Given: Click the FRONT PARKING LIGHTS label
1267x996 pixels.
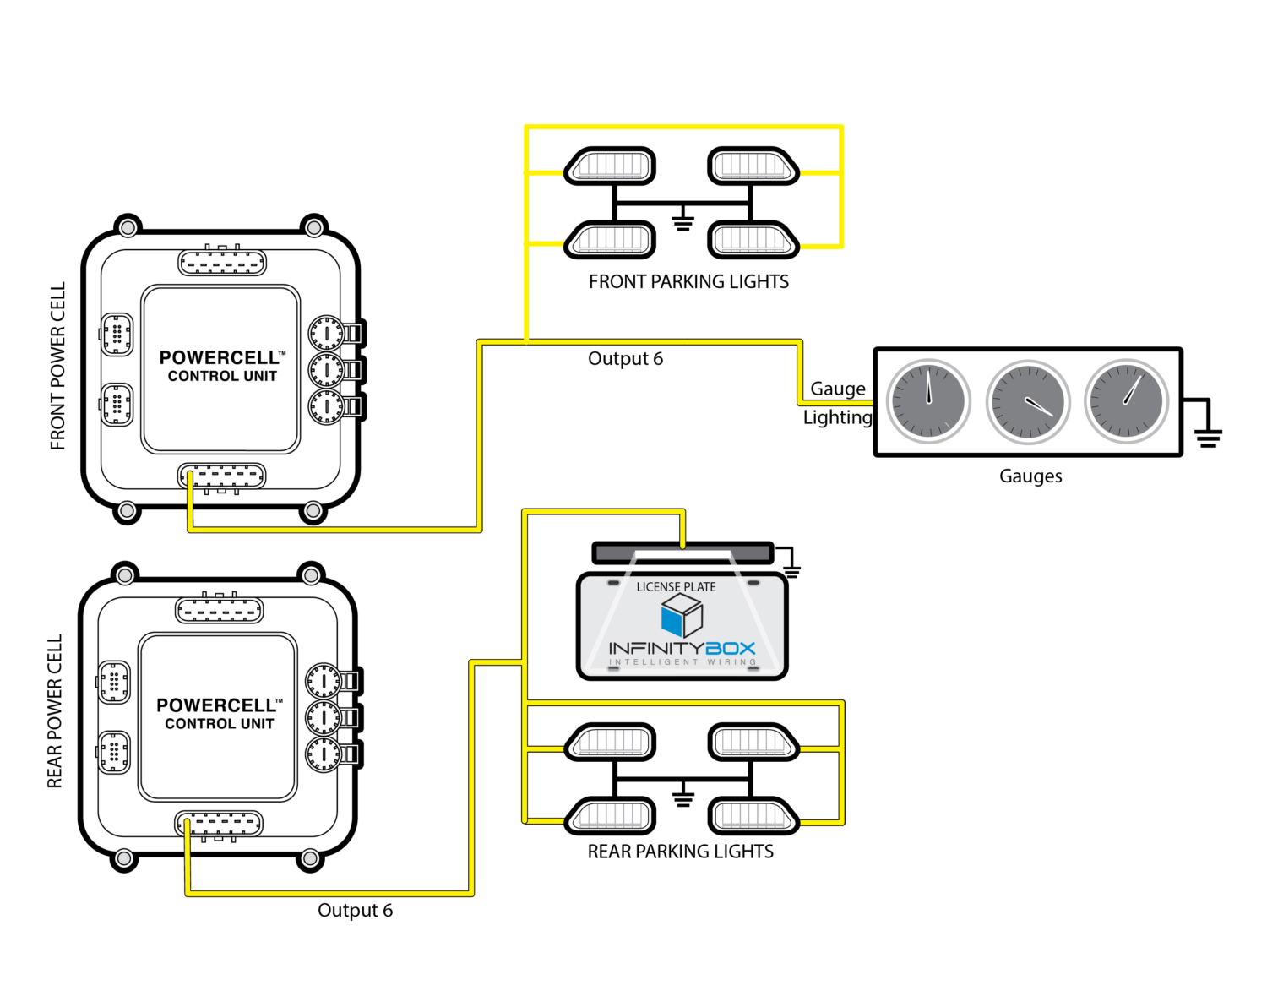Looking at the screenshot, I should pyautogui.click(x=688, y=282).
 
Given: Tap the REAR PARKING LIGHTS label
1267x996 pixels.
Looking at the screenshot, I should pyautogui.click(x=680, y=852).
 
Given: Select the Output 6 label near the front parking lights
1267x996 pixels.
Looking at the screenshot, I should pyautogui.click(x=625, y=359).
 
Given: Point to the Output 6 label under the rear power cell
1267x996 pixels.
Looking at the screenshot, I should pyautogui.click(x=355, y=911).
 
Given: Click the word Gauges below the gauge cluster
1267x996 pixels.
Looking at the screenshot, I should pyautogui.click(x=1030, y=476).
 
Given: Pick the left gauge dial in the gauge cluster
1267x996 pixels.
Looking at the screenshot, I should pyautogui.click(x=928, y=402).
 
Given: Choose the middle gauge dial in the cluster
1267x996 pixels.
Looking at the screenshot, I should pyautogui.click(x=1027, y=403).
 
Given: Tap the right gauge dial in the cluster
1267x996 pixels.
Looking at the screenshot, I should pyautogui.click(x=1126, y=402).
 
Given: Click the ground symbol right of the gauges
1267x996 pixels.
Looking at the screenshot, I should pyautogui.click(x=1208, y=437).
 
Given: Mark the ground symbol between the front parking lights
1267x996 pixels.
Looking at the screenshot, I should pyautogui.click(x=682, y=223).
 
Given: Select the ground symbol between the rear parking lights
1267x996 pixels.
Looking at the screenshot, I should pyautogui.click(x=682, y=798).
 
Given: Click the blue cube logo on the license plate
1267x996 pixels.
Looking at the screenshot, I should pyautogui.click(x=682, y=615).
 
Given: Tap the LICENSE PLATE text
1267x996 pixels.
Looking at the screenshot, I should pyautogui.click(x=676, y=587).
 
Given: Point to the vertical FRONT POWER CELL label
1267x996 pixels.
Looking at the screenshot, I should pyautogui.click(x=57, y=366).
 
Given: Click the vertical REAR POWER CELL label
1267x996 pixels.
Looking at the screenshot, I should pyautogui.click(x=55, y=711).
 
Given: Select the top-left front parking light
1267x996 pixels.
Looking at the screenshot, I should pyautogui.click(x=610, y=166).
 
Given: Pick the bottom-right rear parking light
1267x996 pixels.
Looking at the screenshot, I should pyautogui.click(x=753, y=816).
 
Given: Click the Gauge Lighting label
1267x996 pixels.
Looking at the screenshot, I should pyautogui.click(x=837, y=403).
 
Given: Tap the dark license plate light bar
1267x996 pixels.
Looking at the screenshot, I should pyautogui.click(x=682, y=553).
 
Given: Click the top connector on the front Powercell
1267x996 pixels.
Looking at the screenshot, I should pyautogui.click(x=222, y=263).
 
